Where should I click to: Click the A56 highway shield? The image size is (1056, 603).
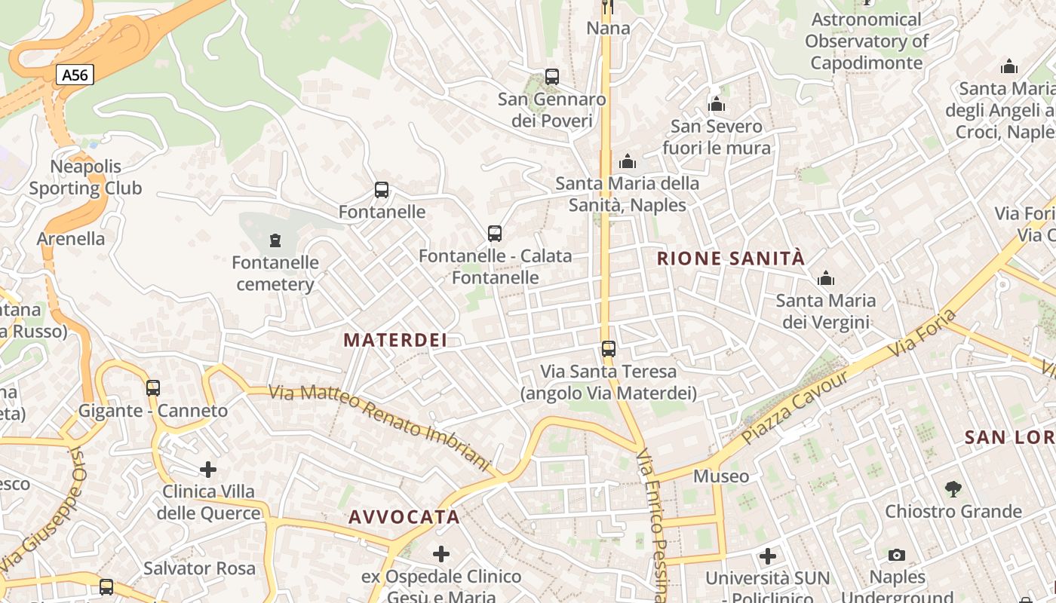click(x=75, y=75)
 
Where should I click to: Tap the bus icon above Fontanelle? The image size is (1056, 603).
click(x=382, y=190)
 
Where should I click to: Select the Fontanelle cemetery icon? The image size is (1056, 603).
click(x=275, y=240)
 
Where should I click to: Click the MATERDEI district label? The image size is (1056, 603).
click(x=395, y=340)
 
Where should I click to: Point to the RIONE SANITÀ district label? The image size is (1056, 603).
click(x=731, y=259)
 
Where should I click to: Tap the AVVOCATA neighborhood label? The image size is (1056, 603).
click(x=404, y=517)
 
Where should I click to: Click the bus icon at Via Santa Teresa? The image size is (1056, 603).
click(x=609, y=349)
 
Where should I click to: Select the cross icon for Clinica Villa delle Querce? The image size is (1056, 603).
click(x=208, y=470)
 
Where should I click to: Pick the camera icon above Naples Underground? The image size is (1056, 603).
click(x=896, y=555)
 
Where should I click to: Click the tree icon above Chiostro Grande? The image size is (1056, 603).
click(x=953, y=488)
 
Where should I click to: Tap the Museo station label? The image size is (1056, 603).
click(x=721, y=476)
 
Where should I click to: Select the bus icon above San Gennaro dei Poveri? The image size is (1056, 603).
click(x=552, y=77)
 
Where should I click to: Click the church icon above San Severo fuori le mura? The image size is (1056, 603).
click(x=717, y=104)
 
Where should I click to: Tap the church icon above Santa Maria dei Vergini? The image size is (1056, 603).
click(x=826, y=278)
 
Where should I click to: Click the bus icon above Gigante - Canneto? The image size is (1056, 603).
click(x=153, y=387)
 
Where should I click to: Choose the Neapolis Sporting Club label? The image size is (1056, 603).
click(x=85, y=177)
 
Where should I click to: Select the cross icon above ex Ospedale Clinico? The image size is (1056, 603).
click(x=441, y=555)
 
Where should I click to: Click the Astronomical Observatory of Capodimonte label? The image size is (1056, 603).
click(x=867, y=41)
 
